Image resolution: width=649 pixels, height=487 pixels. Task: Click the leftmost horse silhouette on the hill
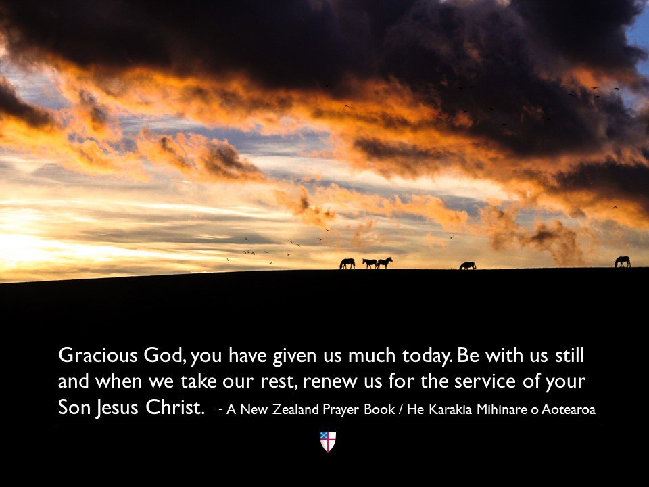point(347,264)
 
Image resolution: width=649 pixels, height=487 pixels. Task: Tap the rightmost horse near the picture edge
point(623,262)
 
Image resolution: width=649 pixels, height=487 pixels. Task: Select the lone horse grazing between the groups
point(468,266)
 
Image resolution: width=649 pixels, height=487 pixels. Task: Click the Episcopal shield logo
point(328,442)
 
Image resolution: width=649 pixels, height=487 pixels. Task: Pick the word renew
point(329,381)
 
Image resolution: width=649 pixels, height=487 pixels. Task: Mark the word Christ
point(174,409)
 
